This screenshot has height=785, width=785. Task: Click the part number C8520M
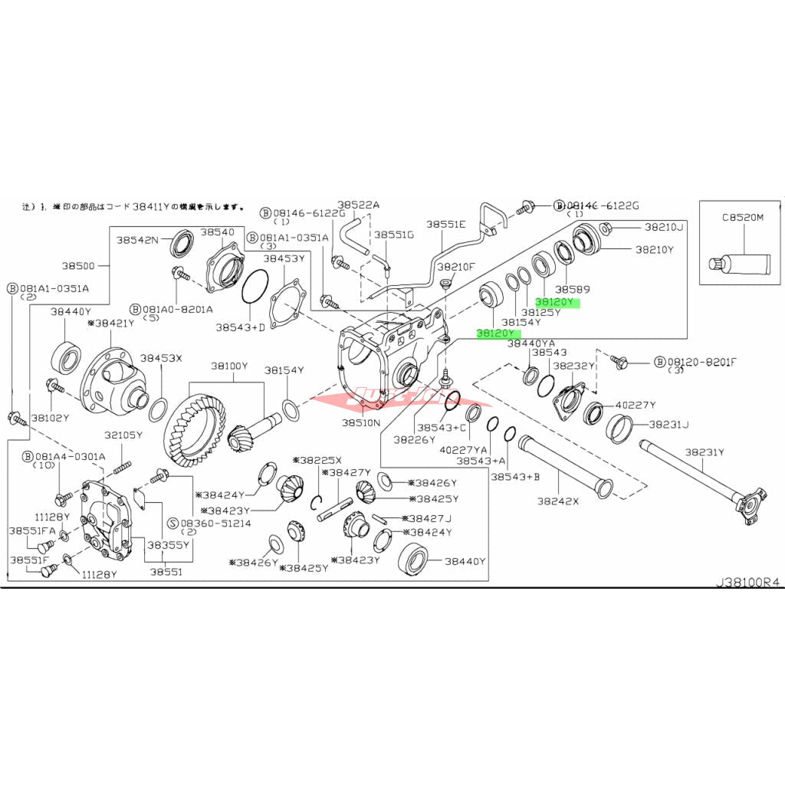point(743,217)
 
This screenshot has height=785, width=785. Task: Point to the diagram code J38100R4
point(747,583)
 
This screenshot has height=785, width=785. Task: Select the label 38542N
point(137,239)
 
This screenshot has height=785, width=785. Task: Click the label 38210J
point(663,227)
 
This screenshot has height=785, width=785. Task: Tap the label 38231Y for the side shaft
point(704,452)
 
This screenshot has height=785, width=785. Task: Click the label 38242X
point(558,502)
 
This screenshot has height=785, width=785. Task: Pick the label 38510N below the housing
point(361,422)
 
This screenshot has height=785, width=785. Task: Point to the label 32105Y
point(123,435)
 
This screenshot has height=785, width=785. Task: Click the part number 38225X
point(317,460)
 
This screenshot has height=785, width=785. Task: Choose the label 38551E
point(446,224)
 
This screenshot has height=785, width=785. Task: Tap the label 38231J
point(668,424)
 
